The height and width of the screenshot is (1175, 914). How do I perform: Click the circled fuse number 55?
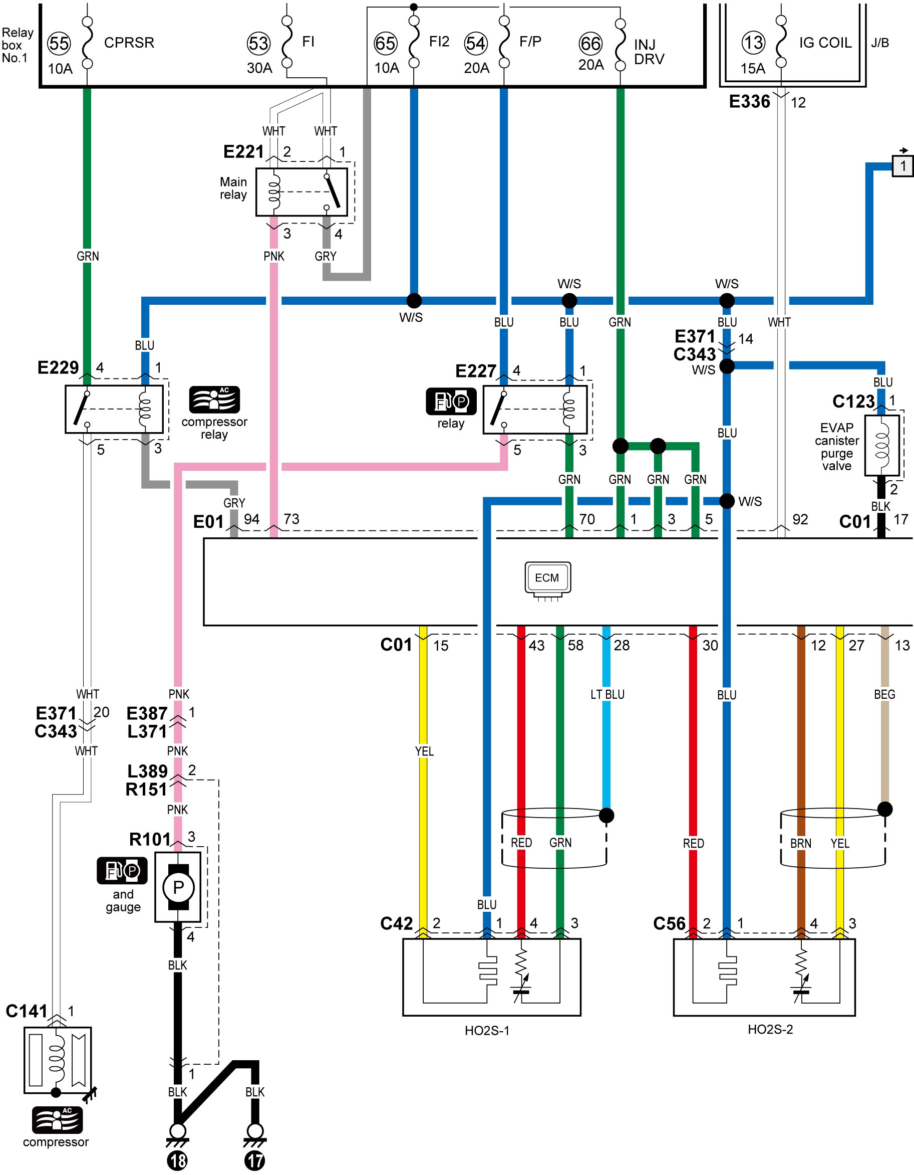(x=59, y=43)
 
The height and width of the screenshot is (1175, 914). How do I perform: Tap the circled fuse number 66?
(x=590, y=44)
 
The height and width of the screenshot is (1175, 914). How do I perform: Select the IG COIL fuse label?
(x=825, y=43)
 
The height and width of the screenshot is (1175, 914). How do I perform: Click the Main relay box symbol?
(x=301, y=192)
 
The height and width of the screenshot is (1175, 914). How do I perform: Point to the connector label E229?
(x=58, y=367)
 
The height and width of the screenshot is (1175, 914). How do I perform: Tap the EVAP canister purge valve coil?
(x=882, y=446)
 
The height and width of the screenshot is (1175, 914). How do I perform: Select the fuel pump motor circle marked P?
(x=178, y=887)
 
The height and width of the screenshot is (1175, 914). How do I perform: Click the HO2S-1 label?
(x=487, y=1030)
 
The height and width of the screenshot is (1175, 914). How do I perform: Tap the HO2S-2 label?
(x=770, y=1029)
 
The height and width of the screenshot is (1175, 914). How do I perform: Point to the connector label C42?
(x=396, y=923)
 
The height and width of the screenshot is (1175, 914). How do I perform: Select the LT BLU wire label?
(x=607, y=695)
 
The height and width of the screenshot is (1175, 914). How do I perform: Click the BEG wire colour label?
(x=884, y=695)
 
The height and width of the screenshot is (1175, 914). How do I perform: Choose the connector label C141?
(x=27, y=1011)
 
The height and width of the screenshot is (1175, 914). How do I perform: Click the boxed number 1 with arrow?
(x=902, y=165)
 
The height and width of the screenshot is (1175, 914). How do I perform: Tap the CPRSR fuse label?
(x=129, y=43)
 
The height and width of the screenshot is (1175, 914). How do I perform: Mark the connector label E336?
(x=749, y=101)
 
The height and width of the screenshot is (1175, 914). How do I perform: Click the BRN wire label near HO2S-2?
(x=800, y=844)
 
